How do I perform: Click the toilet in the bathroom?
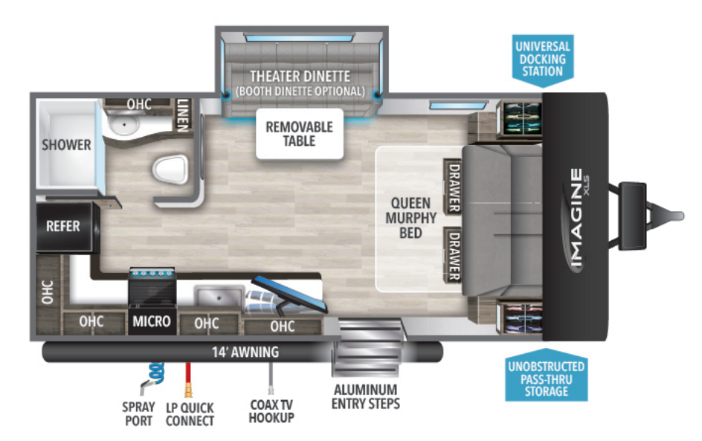169,170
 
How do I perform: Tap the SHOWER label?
66,144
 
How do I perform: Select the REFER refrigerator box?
63,226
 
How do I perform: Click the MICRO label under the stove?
152,322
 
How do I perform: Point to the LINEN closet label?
183,115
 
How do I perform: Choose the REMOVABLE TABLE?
300,134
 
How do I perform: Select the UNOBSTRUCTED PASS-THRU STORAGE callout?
546,379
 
